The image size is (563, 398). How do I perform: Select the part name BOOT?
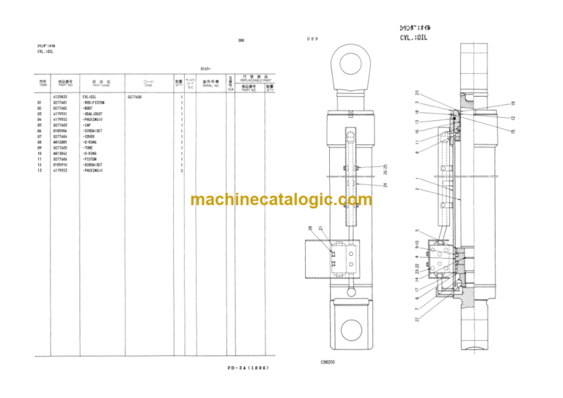pyautogui.click(x=89, y=108)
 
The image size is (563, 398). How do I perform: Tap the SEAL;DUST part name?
pyautogui.click(x=94, y=114)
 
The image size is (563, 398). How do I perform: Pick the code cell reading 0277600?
pyautogui.click(x=135, y=97)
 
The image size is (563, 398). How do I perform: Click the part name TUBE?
pyautogui.click(x=89, y=148)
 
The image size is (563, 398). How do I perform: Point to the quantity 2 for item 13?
pyautogui.click(x=182, y=171)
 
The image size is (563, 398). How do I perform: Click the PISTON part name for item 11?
pyautogui.click(x=91, y=159)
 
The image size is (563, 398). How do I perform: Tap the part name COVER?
pyautogui.click(x=90, y=136)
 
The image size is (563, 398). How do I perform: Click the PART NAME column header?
pyautogui.click(x=100, y=84)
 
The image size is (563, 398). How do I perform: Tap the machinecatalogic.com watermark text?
pyautogui.click(x=271, y=199)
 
